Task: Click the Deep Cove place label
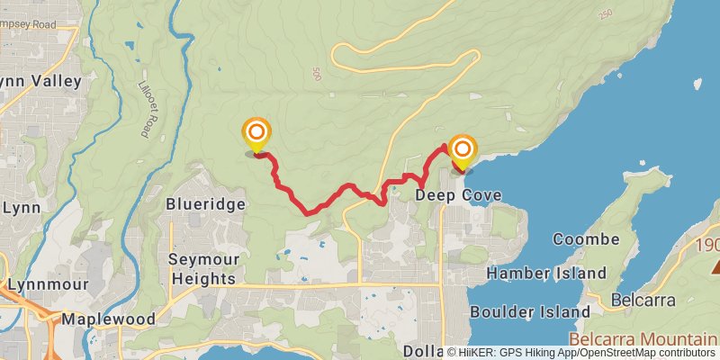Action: pos(458,195)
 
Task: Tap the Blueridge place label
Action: pos(205,204)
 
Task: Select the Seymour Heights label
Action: pos(202,268)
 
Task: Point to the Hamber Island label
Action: pos(545,272)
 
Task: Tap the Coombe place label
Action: pos(586,239)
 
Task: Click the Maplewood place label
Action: pos(108,319)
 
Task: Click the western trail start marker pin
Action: pos(256,136)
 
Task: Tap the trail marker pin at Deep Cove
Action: pos(462,152)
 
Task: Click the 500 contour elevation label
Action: pos(317,73)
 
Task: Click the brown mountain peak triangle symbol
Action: pos(718,265)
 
